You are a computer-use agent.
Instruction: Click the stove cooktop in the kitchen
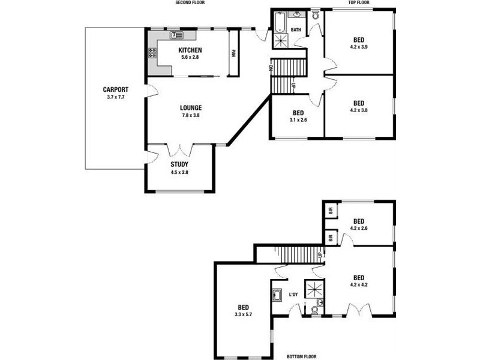tap(152, 52)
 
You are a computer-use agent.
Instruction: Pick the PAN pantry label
tap(233, 53)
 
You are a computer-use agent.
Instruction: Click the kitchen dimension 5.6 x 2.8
tap(190, 57)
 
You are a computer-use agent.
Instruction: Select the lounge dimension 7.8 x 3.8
tap(190, 115)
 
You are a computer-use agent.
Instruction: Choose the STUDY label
tap(179, 164)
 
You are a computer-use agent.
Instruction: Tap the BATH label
tap(296, 29)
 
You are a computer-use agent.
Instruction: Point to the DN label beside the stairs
tap(271, 68)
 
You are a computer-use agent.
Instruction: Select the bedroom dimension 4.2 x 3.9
tap(359, 46)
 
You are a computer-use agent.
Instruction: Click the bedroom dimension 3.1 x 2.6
tap(298, 120)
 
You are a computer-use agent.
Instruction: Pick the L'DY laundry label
tap(294, 295)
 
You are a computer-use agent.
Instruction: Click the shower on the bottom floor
tap(314, 288)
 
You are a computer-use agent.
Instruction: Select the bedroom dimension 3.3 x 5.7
tap(243, 314)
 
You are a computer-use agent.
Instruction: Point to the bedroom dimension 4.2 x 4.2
tap(359, 284)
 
